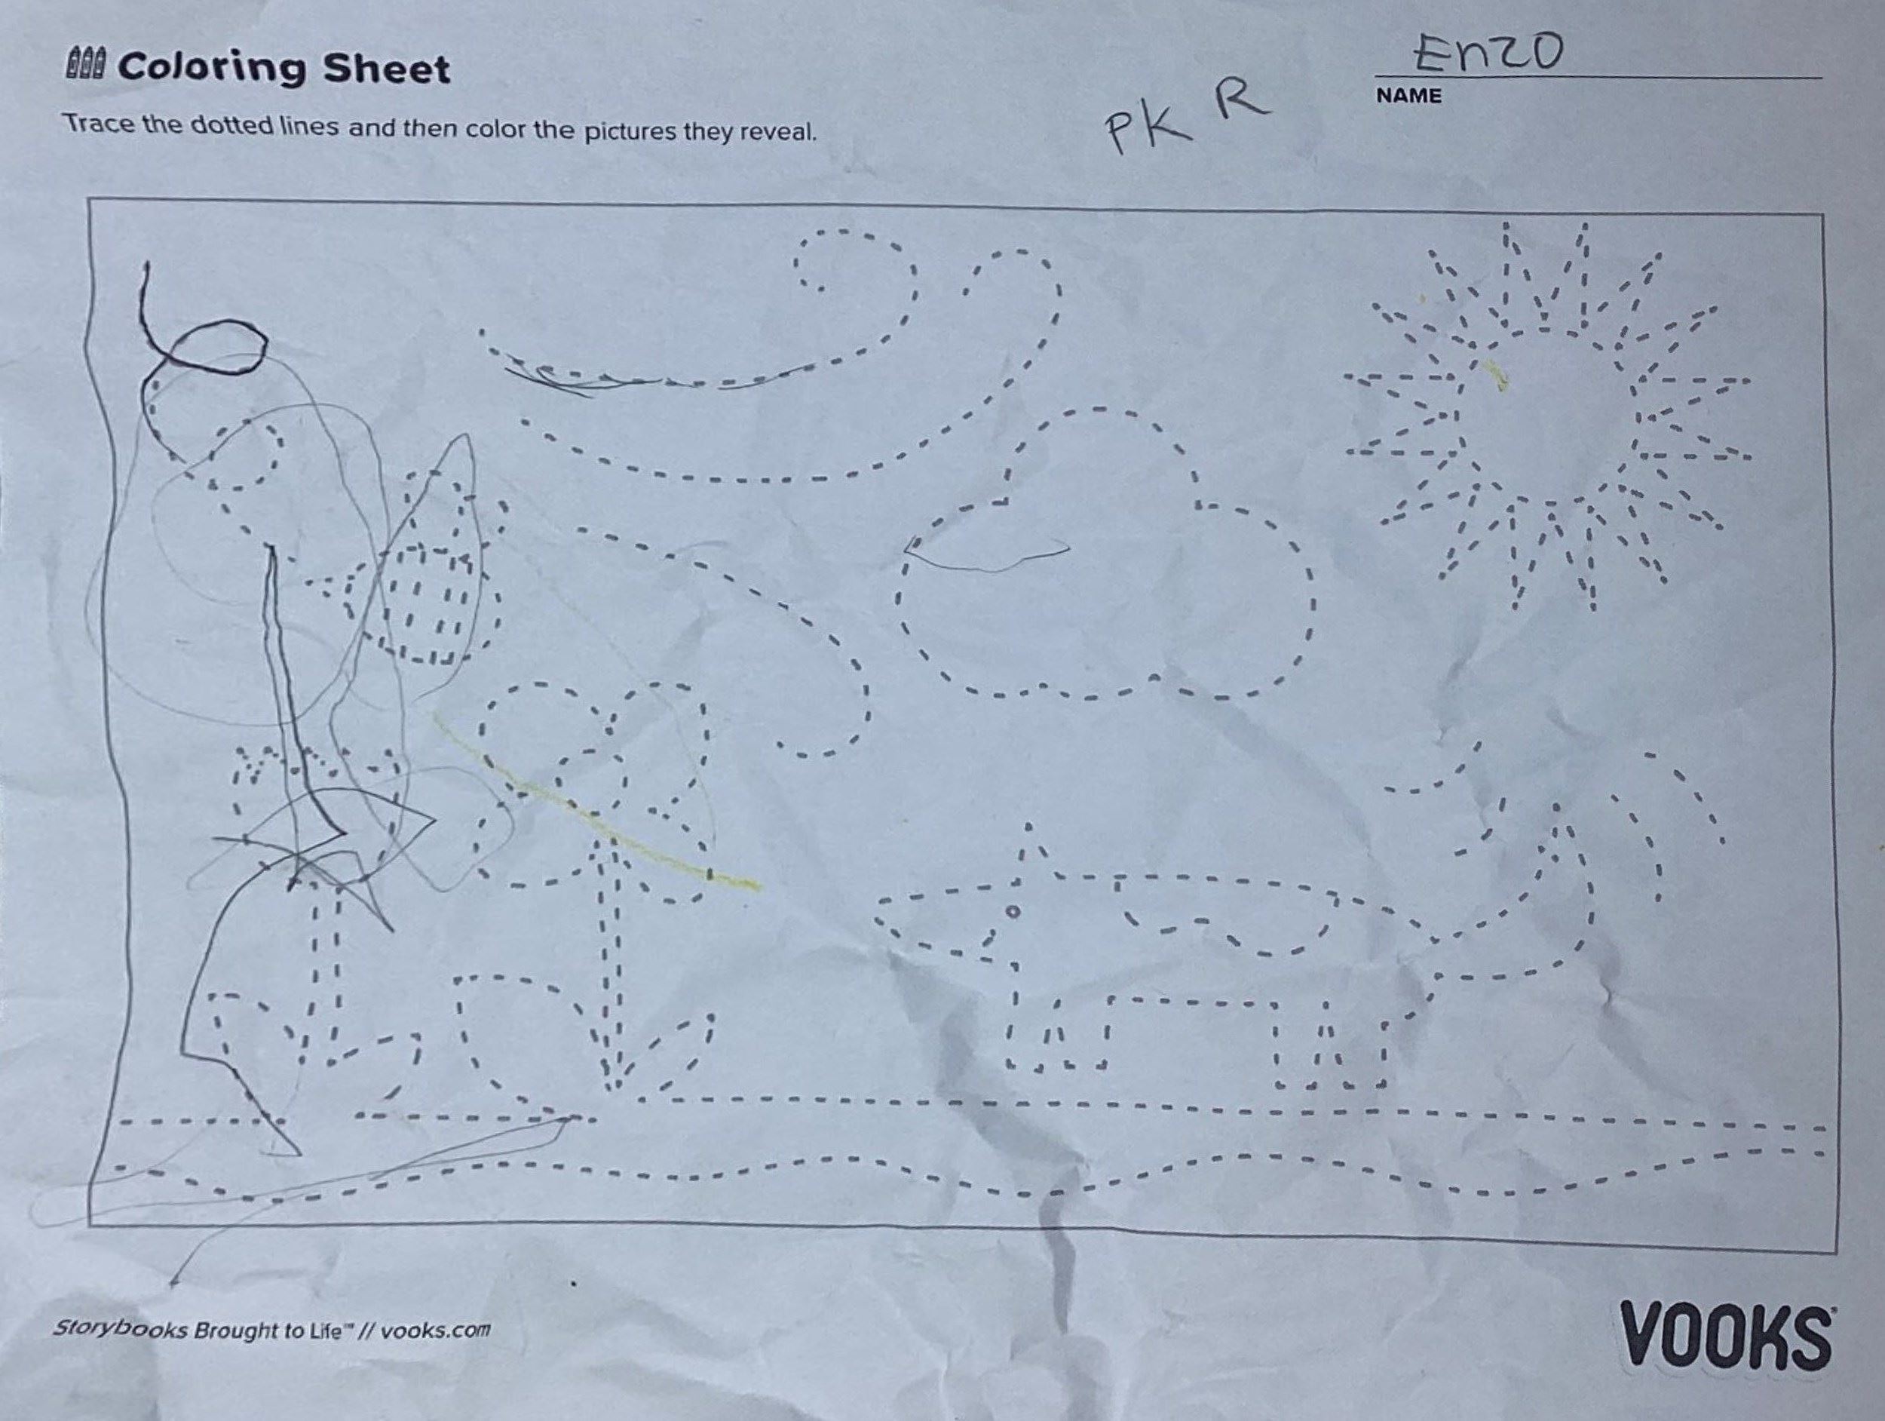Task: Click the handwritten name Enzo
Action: [1486, 52]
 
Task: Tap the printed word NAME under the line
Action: [1408, 97]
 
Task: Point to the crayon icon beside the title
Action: [84, 65]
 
